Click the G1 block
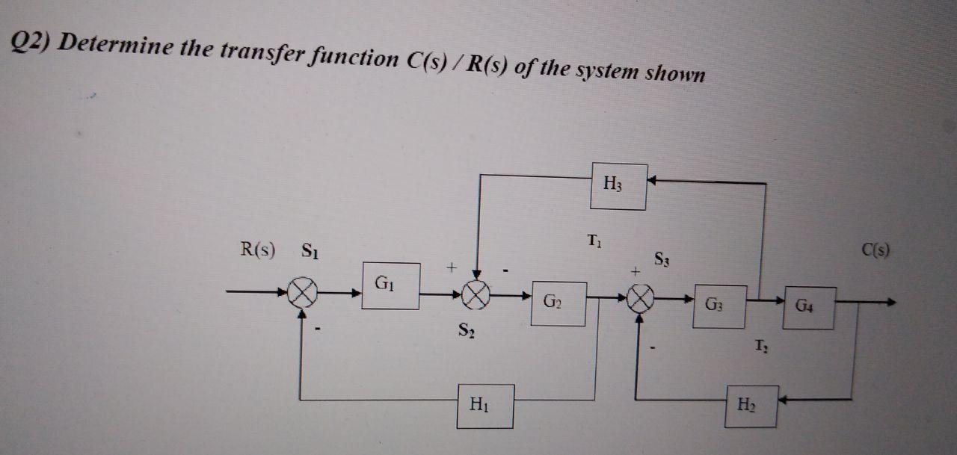(x=391, y=285)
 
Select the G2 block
(x=558, y=303)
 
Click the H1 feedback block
(x=485, y=406)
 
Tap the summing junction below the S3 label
(x=641, y=301)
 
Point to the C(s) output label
(x=875, y=250)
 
